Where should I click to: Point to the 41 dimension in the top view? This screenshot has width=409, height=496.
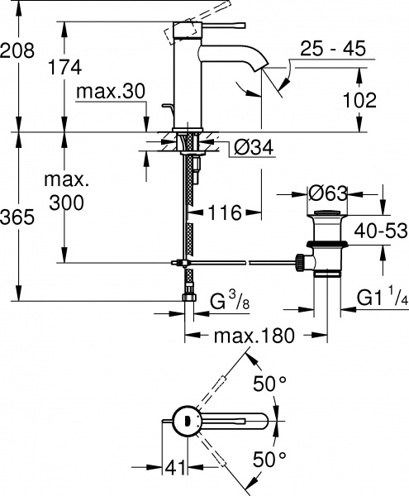tap(171, 468)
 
